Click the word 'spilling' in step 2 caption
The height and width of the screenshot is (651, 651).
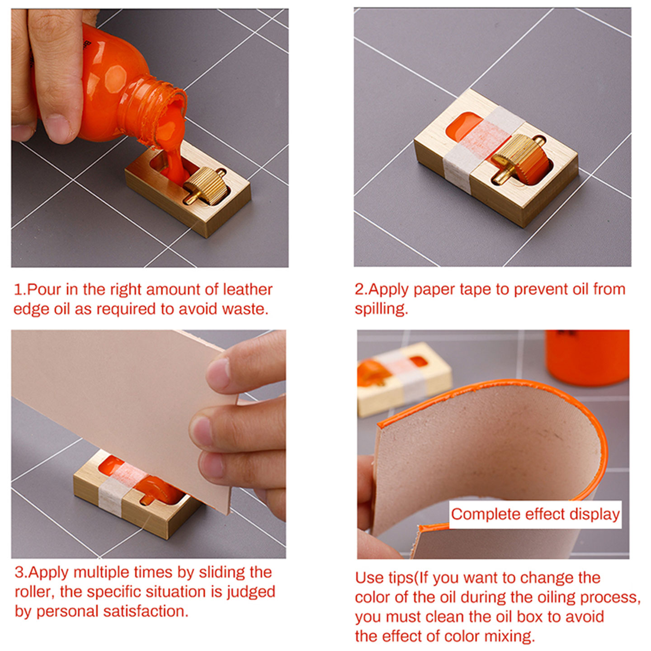click(380, 309)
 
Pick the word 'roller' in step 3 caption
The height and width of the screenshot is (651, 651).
click(33, 591)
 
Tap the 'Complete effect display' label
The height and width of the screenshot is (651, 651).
click(535, 514)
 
